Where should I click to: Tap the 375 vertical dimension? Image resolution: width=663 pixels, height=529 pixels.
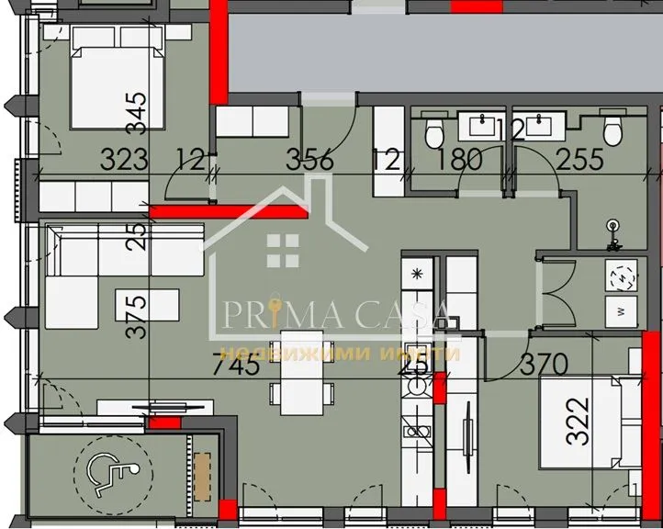(x=136, y=317)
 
